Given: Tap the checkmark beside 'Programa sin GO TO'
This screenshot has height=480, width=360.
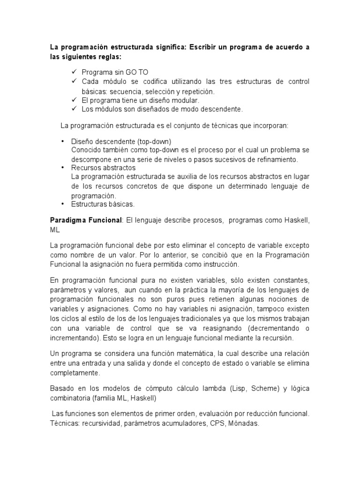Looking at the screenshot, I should coord(74,72).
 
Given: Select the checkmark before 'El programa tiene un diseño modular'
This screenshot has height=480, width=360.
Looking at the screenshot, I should coord(74,100).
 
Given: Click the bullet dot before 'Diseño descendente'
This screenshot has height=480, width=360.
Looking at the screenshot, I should coord(63,141).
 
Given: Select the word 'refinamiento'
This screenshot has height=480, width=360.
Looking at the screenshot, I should coord(275,159).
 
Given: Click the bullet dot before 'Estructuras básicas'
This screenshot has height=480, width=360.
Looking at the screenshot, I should coord(63,204).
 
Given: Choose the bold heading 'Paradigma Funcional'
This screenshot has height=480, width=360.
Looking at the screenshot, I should coord(86,220).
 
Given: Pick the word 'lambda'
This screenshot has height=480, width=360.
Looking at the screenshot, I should coord(218,389).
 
